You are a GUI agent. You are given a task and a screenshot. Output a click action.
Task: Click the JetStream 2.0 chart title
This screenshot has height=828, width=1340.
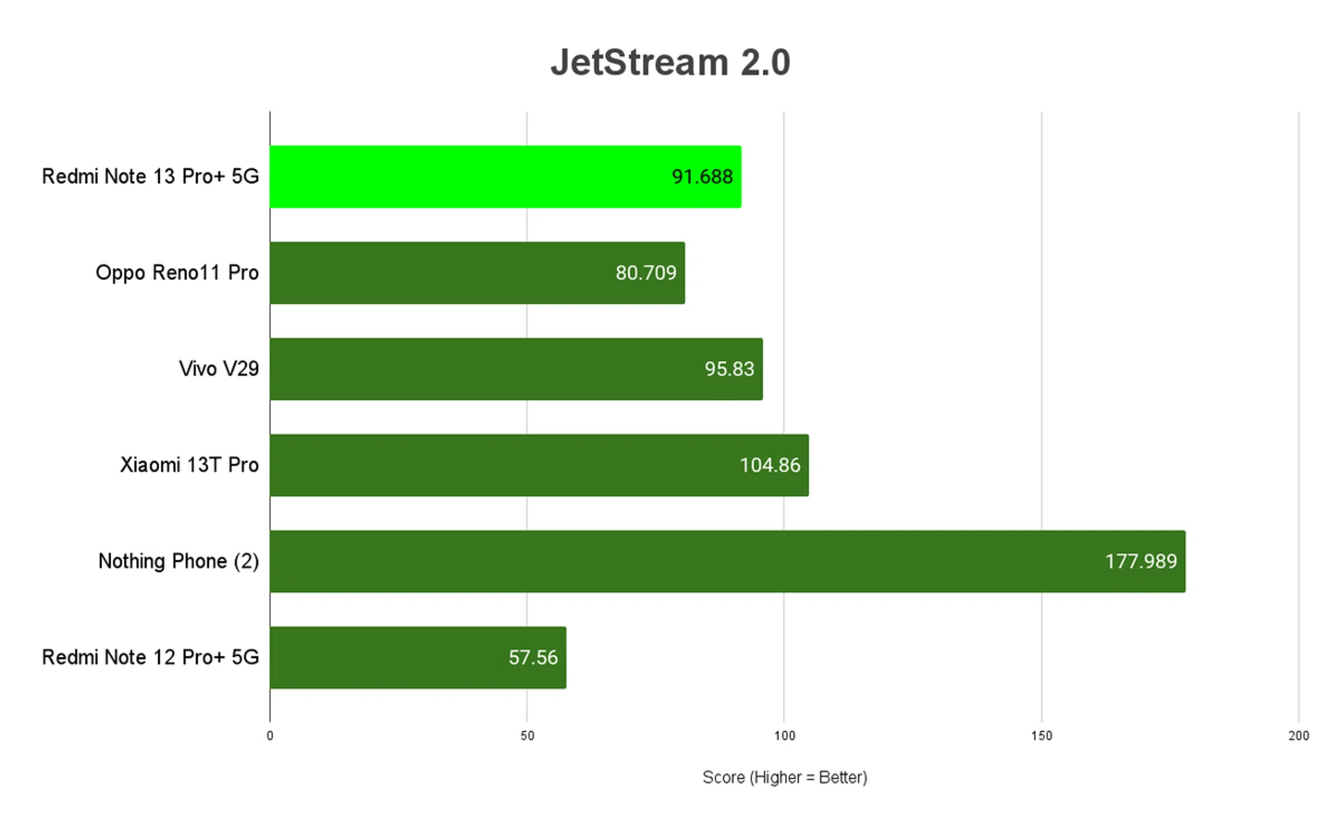[670, 63]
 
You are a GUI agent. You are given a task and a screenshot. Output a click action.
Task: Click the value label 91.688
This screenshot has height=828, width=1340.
[702, 177]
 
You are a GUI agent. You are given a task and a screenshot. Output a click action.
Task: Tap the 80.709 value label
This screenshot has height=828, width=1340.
[646, 273]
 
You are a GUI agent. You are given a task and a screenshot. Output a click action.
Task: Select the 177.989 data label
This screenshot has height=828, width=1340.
[1140, 561]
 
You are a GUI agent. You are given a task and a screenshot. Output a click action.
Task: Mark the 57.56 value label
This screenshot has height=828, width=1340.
[533, 658]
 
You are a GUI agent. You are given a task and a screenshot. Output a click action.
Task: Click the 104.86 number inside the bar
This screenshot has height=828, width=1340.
[770, 466]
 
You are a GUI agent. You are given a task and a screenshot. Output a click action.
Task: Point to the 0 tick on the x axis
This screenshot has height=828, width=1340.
[270, 736]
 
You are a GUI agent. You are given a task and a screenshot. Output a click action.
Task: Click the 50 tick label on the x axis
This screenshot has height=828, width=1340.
[527, 736]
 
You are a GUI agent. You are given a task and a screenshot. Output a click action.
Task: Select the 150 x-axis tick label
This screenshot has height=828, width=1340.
[1041, 736]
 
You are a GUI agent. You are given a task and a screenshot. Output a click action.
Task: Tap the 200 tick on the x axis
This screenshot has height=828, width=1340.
[1298, 736]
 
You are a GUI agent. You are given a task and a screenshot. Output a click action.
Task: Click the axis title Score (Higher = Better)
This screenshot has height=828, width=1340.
[784, 778]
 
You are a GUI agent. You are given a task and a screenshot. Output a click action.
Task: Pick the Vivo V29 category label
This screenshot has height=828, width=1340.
[218, 369]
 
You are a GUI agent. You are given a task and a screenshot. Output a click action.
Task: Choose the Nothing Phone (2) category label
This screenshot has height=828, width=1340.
[178, 561]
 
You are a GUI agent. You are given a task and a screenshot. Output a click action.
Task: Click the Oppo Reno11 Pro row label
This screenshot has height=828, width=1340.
[177, 273]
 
